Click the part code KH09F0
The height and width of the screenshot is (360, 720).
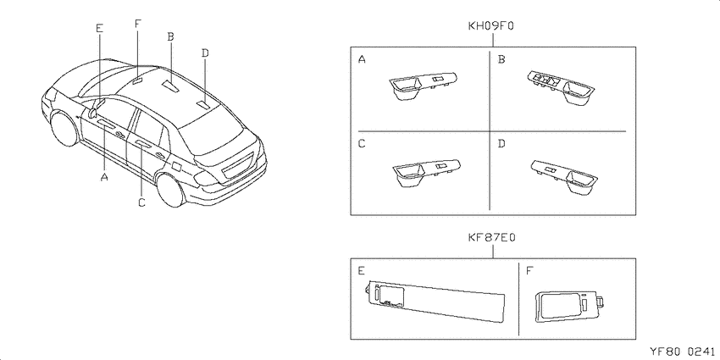click(490, 26)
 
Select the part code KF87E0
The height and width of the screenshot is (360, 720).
click(492, 238)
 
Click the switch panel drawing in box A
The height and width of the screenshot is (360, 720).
click(424, 85)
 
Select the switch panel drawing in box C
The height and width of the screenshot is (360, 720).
click(426, 174)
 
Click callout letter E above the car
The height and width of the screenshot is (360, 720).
click(100, 28)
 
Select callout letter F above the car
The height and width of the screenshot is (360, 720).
click(138, 24)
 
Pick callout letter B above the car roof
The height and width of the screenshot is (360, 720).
click(170, 36)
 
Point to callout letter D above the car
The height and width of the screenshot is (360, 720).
click(205, 53)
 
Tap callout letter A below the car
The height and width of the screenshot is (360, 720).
click(104, 177)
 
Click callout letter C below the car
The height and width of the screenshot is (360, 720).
click(142, 202)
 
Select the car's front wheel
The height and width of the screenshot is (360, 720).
click(64, 128)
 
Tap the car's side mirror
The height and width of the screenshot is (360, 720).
click(94, 108)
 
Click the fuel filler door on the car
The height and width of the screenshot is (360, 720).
click(176, 166)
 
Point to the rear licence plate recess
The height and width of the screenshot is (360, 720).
click(237, 167)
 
